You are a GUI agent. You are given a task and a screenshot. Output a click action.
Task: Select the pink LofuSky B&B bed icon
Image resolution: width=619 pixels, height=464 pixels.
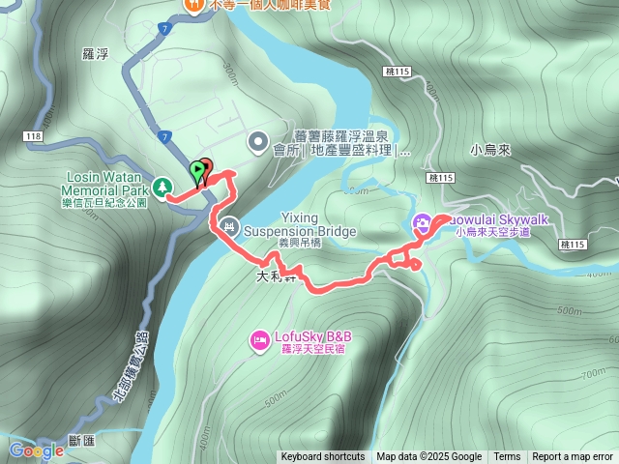tap(259, 338)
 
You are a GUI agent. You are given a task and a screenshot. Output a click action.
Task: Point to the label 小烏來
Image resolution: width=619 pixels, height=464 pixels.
tap(489, 150)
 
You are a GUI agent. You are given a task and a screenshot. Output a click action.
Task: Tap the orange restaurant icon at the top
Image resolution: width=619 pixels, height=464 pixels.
tap(192, 5)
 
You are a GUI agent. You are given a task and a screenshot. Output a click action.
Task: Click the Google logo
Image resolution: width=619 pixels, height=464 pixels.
tap(36, 450)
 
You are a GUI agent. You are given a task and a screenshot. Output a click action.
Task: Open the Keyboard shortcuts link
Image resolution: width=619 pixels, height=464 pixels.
tap(323, 456)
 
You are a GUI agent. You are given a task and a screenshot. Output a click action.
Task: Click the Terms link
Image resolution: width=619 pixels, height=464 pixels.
tap(507, 456)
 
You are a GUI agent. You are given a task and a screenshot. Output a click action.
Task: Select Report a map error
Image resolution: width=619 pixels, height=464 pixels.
tap(573, 456)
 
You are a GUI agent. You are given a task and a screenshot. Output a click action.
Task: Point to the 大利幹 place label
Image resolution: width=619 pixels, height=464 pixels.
tap(276, 275)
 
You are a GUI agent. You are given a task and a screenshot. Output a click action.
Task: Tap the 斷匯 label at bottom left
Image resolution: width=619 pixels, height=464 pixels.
tap(82, 441)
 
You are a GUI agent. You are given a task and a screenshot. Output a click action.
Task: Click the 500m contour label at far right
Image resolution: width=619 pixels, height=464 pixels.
tap(570, 311)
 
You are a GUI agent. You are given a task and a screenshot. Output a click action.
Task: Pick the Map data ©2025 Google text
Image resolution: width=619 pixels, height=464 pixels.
tap(428, 456)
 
